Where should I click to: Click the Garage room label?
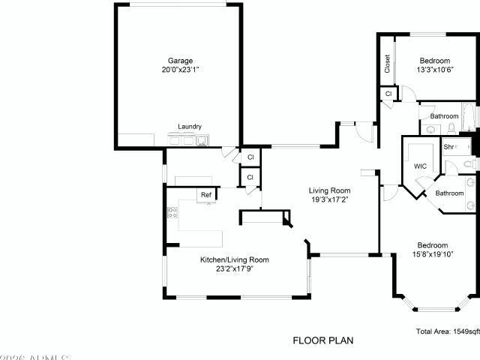(180, 60)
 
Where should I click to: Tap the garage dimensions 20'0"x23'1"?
(180, 69)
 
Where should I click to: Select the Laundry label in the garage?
(190, 127)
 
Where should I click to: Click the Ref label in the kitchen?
(205, 195)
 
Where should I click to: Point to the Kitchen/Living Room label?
(234, 259)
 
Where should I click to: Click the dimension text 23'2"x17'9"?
(234, 268)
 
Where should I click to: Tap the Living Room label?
(330, 190)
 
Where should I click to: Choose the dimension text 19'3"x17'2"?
(330, 199)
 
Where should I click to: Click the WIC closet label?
(420, 166)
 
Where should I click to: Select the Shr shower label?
(449, 147)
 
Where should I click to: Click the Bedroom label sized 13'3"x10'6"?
(434, 61)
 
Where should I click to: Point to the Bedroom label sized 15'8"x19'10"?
(433, 245)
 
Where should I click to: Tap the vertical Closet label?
(387, 64)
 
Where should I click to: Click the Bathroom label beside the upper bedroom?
(444, 116)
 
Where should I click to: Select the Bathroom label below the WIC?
(450, 193)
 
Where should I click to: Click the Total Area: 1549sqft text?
(447, 331)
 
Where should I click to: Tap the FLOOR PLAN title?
(322, 340)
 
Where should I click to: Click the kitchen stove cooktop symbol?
(172, 212)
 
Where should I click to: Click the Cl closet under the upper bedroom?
(388, 94)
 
